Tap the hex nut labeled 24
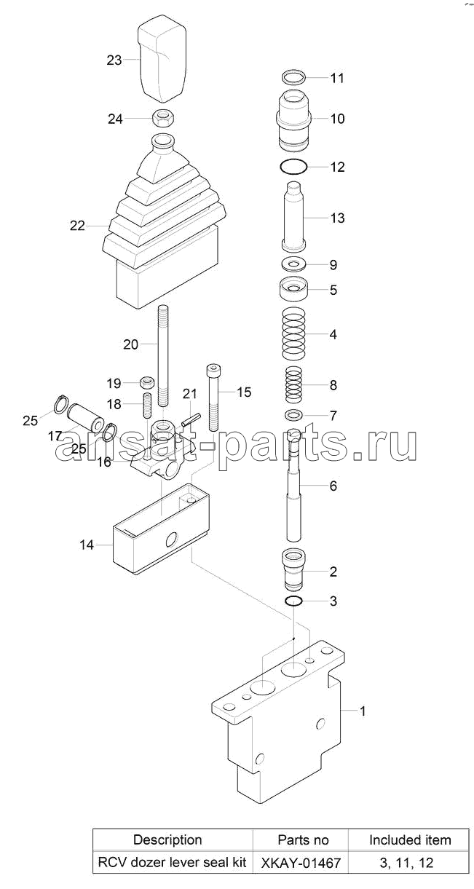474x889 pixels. coord(163,118)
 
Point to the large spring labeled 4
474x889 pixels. coord(293,333)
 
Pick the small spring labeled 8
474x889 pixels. coord(293,384)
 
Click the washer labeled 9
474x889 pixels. coord(293,264)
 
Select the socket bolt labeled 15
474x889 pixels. coord(213,398)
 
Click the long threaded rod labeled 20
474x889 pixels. coord(163,355)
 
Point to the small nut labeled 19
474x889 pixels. coord(147,382)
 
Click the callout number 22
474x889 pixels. coord(77,226)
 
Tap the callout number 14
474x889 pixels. coord(87,545)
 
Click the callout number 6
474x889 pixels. coord(333,486)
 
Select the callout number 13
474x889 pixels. coord(337,218)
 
